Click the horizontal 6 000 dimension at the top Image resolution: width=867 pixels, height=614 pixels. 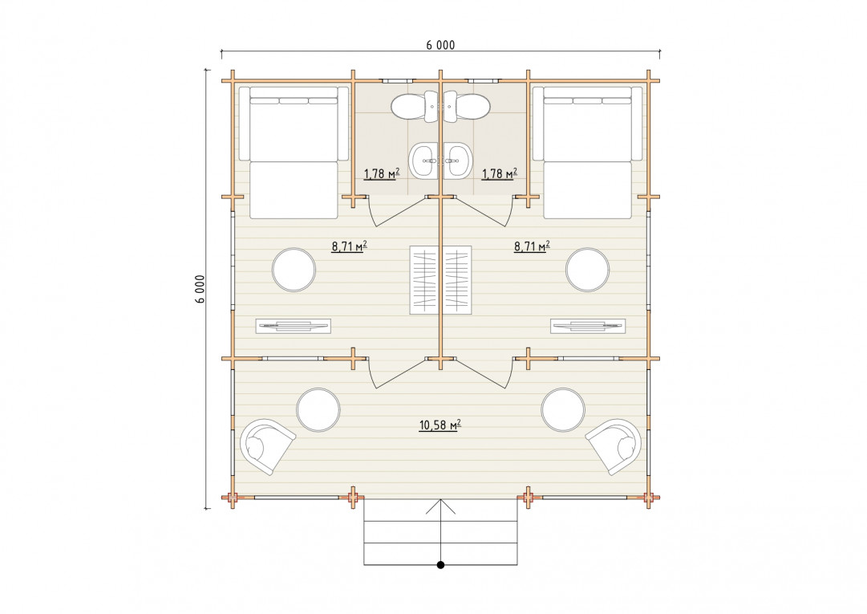click(x=440, y=46)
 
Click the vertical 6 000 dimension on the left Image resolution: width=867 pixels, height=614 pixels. click(x=201, y=289)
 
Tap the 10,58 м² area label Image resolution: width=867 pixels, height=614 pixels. click(x=440, y=425)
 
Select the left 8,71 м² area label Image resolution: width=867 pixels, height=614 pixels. click(x=350, y=246)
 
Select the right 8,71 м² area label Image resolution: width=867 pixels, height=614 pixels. click(x=532, y=246)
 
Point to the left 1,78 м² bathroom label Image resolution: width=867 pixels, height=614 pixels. click(x=382, y=173)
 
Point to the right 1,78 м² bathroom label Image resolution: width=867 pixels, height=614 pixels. click(x=500, y=173)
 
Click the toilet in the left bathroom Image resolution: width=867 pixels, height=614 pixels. click(x=415, y=106)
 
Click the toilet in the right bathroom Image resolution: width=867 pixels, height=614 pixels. click(x=467, y=106)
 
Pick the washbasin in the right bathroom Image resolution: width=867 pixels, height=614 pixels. click(x=457, y=160)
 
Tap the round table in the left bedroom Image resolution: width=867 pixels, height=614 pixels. click(x=294, y=270)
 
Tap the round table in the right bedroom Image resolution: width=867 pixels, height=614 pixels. click(x=588, y=270)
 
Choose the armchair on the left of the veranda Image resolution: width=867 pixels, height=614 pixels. click(x=266, y=445)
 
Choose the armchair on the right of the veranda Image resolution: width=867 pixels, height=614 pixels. click(x=615, y=445)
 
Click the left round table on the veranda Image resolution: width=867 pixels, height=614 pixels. click(x=318, y=410)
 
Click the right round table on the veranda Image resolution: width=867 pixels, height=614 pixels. click(x=564, y=410)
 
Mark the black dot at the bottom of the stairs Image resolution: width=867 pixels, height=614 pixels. click(x=440, y=565)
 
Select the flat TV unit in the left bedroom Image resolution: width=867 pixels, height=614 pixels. click(x=294, y=327)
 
